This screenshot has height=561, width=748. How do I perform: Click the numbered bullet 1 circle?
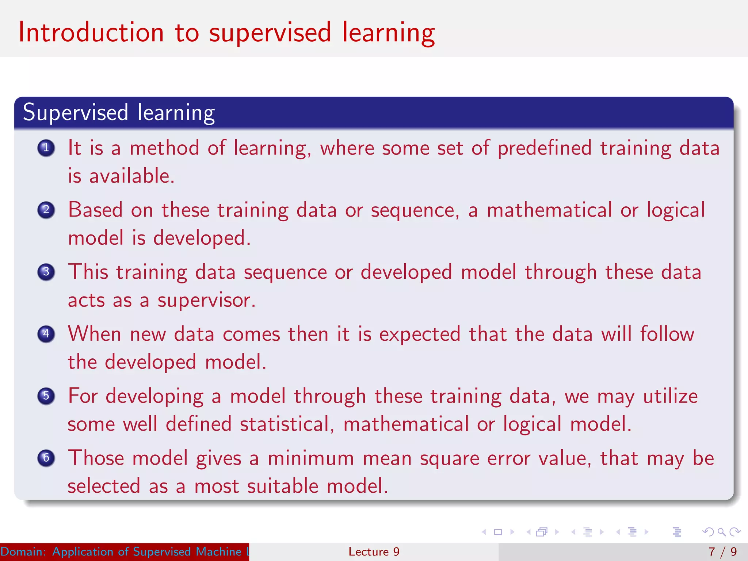[x=46, y=148]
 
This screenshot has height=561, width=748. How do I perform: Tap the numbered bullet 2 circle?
[x=46, y=210]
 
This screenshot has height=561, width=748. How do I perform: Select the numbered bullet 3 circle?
[x=46, y=272]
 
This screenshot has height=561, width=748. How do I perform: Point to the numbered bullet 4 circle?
[x=46, y=334]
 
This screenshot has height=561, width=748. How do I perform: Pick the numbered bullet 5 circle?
[x=46, y=396]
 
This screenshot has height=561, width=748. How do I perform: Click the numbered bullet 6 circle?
[x=46, y=458]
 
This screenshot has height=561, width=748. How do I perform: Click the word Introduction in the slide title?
[x=91, y=33]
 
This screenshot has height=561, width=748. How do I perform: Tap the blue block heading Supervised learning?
[x=119, y=112]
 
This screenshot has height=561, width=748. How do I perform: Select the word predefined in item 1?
[x=544, y=148]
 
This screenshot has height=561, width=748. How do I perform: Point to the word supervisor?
[x=206, y=301]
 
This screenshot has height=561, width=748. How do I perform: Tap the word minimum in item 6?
[x=311, y=458]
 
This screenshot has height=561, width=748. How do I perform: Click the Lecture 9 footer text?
[x=374, y=552]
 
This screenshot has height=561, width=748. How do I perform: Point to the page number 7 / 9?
[x=722, y=552]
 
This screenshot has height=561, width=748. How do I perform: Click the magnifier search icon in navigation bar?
[x=721, y=532]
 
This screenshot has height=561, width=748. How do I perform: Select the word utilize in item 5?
[x=670, y=397]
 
